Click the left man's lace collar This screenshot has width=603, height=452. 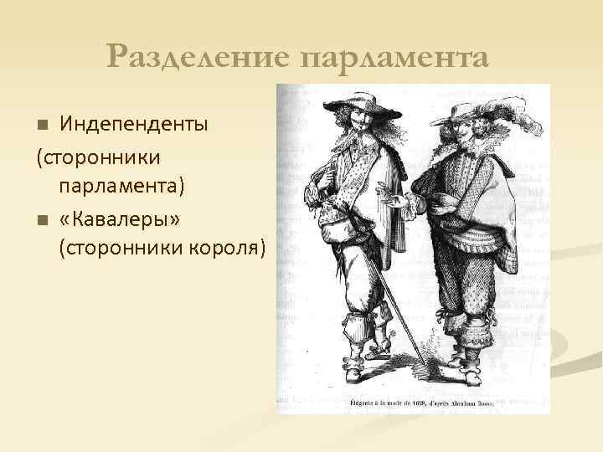(356, 152)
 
